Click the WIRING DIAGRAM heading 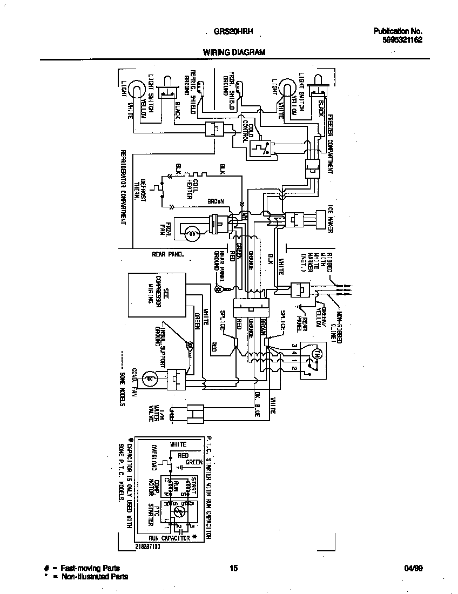pos(234,52)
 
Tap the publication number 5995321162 pos(398,39)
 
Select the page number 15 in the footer pos(233,568)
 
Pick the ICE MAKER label pos(331,219)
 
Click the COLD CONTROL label pos(247,131)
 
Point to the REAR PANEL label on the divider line pos(168,253)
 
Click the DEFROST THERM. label pos(143,191)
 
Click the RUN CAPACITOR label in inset pos(169,538)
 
